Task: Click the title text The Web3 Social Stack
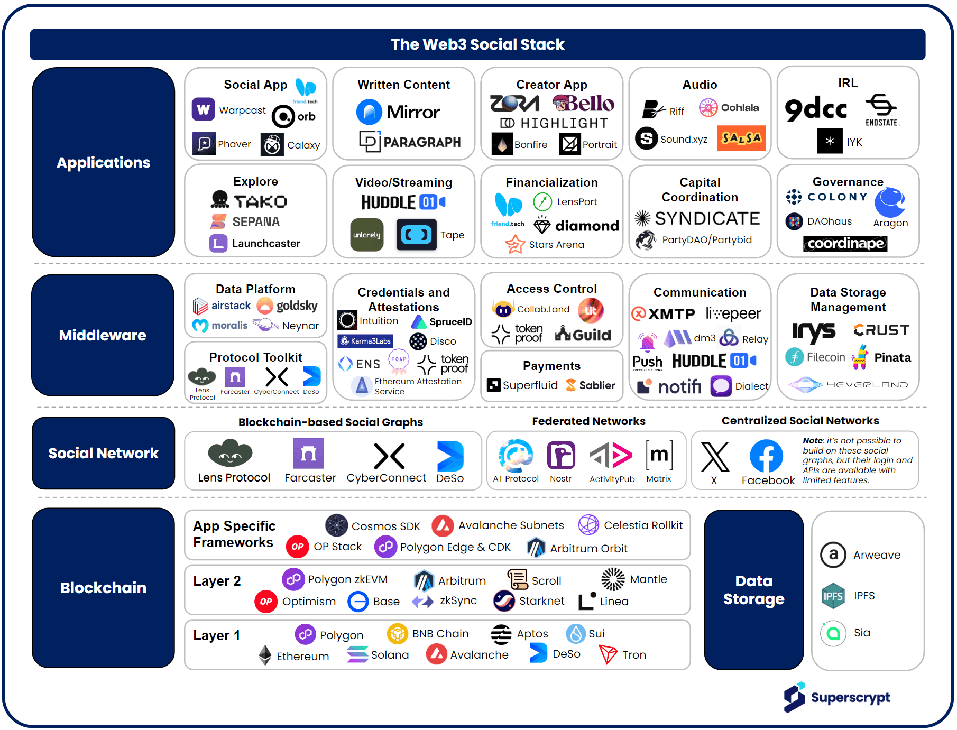pyautogui.click(x=477, y=44)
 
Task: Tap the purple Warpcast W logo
pyautogui.click(x=203, y=109)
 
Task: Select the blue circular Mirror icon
pyautogui.click(x=369, y=112)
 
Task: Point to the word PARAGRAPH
pyautogui.click(x=422, y=142)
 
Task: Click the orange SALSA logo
pyautogui.click(x=741, y=138)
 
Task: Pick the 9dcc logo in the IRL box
pyautogui.click(x=816, y=109)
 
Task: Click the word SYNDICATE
pyautogui.click(x=707, y=218)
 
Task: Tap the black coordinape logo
pyautogui.click(x=845, y=244)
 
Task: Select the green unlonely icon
pyautogui.click(x=367, y=235)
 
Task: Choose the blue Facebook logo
pyautogui.click(x=766, y=456)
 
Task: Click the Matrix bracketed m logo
pyautogui.click(x=659, y=455)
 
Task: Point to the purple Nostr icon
pyautogui.click(x=561, y=455)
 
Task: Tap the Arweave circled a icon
pyautogui.click(x=833, y=555)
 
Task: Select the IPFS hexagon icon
pyautogui.click(x=833, y=596)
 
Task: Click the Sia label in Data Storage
pyautogui.click(x=862, y=633)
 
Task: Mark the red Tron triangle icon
pyautogui.click(x=608, y=654)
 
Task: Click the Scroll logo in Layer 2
pyautogui.click(x=518, y=579)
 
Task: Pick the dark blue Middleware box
pyautogui.click(x=103, y=335)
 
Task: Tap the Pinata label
pyautogui.click(x=892, y=358)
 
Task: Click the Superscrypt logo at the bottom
pyautogui.click(x=837, y=697)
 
